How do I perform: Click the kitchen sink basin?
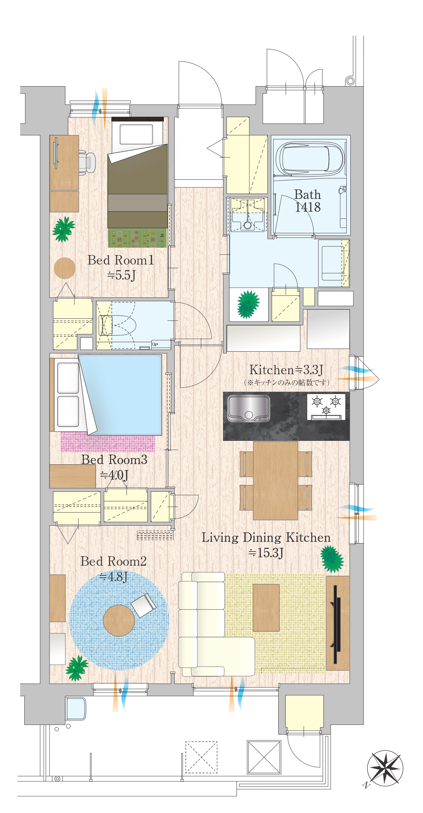(x=249, y=408)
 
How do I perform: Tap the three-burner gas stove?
(x=326, y=407)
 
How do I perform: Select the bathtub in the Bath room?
(x=310, y=158)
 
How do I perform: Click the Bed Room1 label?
(x=121, y=260)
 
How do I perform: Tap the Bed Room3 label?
(x=114, y=460)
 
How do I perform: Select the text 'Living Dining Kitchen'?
(x=266, y=537)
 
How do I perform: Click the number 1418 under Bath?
(x=308, y=207)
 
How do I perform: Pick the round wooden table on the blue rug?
(x=119, y=620)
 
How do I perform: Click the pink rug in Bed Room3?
(x=108, y=443)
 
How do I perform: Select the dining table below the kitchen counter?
(x=276, y=481)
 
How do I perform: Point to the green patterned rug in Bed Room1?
(x=137, y=238)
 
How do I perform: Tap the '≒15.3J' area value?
(x=266, y=553)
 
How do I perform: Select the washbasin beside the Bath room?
(x=248, y=214)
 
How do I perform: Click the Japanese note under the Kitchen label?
(x=286, y=382)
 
